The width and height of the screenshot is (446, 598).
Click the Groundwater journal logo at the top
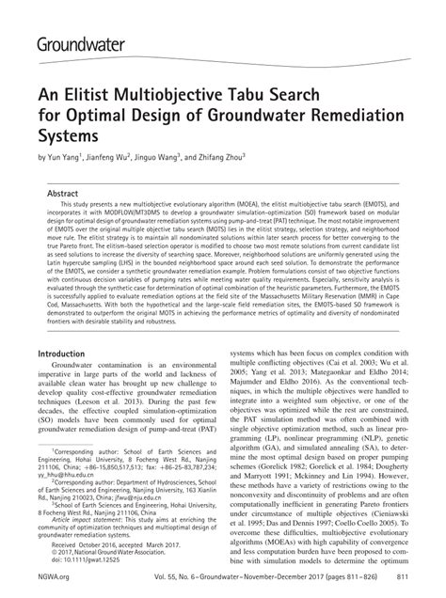(88, 42)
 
